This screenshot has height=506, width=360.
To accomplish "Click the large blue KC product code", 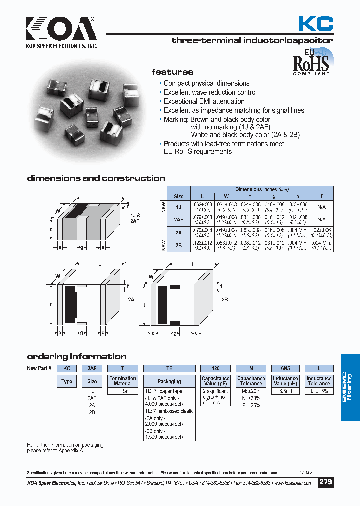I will point(316,23).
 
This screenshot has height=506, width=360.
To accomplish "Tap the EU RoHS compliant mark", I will point(311,62).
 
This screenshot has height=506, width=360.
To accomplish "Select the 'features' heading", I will point(172,72).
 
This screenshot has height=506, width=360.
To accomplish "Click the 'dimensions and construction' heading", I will point(96,178).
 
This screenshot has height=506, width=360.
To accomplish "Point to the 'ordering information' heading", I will point(76,357).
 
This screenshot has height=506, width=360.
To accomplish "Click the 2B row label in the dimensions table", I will point(179,245).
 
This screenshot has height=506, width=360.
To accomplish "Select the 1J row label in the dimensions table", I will point(179,206).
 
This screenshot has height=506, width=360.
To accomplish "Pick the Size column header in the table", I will point(179,196).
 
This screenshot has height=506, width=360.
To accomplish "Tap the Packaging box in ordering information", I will point(169,381).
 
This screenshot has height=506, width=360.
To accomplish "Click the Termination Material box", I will point(123,381).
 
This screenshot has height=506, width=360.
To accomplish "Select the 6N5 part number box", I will point(285,368).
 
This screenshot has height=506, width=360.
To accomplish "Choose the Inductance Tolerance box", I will point(319,381).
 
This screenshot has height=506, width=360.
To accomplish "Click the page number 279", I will point(326,483).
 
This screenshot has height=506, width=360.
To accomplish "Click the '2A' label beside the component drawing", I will point(131,299).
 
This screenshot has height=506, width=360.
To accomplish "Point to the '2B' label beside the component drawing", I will point(224,299).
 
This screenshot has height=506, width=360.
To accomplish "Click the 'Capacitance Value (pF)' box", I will point(215,381).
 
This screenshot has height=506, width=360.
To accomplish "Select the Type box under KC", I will point(67,381).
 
